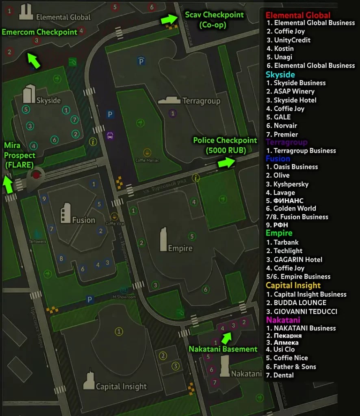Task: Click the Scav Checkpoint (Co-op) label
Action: coord(215,19)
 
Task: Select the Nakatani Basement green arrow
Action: coord(226,337)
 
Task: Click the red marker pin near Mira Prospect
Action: coord(37,175)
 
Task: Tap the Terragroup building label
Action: coord(201,101)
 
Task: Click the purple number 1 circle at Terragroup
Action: coord(173,113)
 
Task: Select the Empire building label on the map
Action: coord(180,248)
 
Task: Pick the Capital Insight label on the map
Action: coord(121,386)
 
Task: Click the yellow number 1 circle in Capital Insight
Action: coord(119,332)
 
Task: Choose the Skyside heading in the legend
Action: coord(280,74)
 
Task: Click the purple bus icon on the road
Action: coord(110,135)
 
